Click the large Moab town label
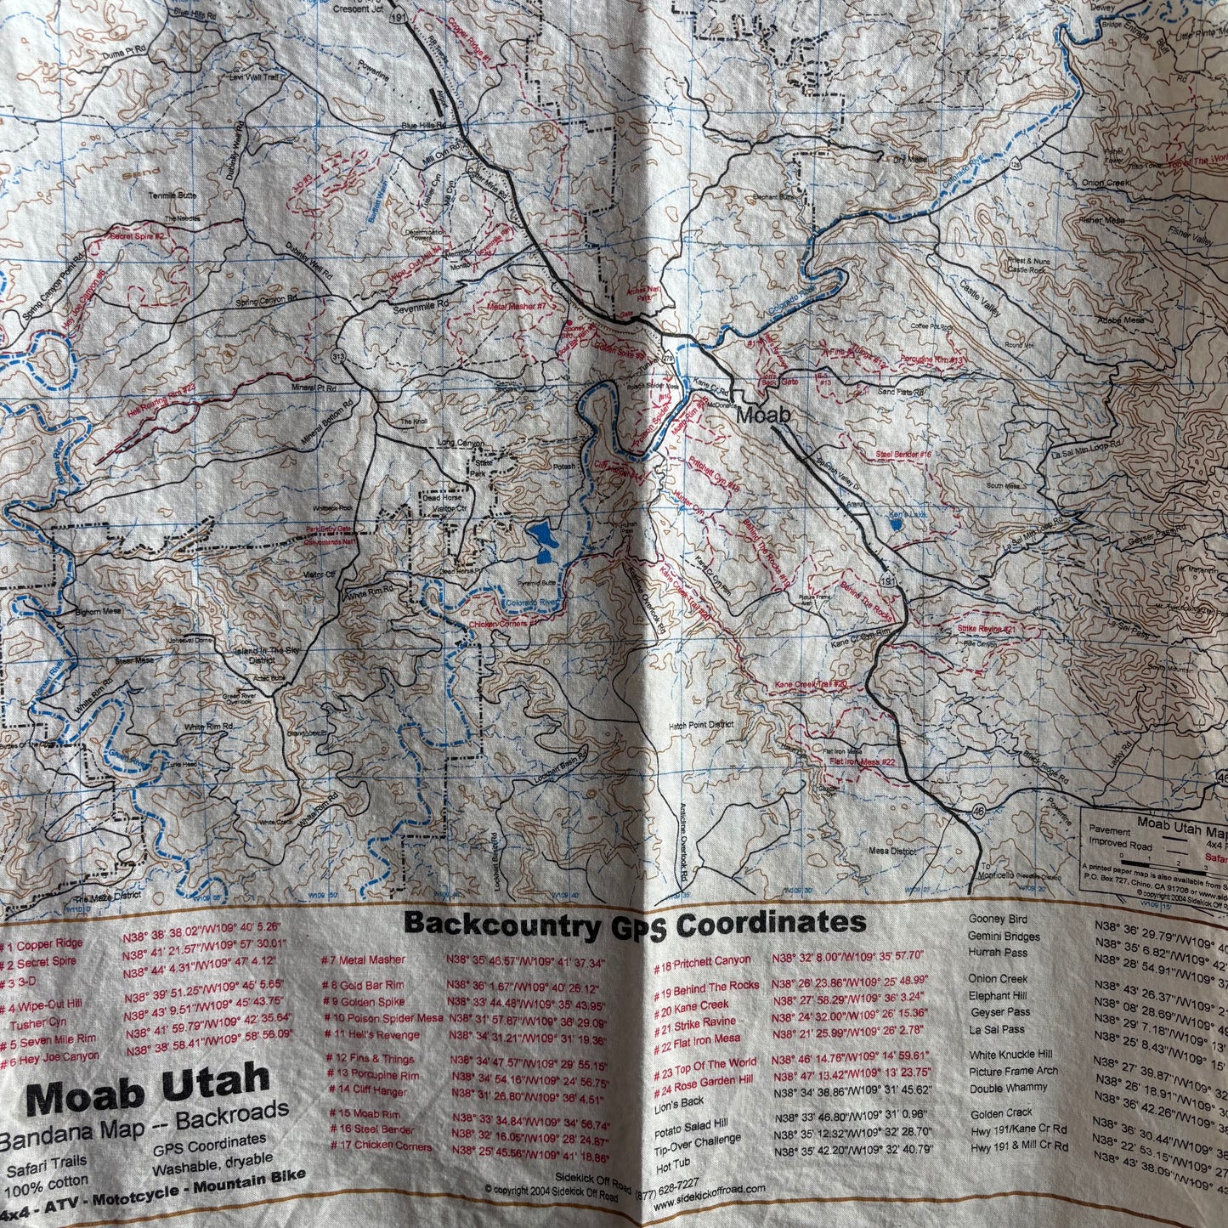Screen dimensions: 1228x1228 (763, 416)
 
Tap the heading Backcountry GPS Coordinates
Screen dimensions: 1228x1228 (634, 923)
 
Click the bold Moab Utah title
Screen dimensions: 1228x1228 (149, 1089)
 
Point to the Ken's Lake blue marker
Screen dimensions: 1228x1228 (897, 525)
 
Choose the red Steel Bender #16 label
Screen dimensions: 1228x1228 (903, 455)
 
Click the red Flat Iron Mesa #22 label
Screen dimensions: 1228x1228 (862, 761)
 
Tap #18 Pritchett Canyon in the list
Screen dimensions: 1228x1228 (702, 960)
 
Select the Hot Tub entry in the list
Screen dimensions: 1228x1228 (673, 1163)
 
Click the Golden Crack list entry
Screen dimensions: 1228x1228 (1001, 1112)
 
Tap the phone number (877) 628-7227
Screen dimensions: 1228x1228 (668, 1182)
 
